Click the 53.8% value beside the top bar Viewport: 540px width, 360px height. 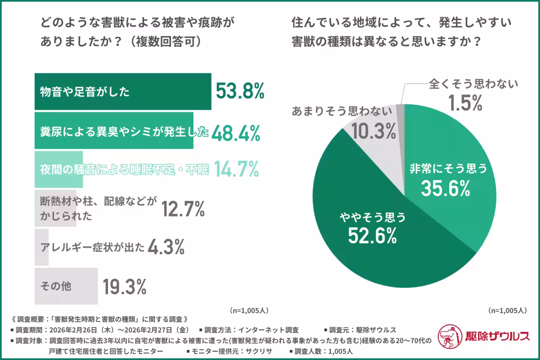(x=239, y=91)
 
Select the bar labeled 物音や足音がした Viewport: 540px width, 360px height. (x=123, y=92)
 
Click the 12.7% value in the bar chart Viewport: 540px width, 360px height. (x=183, y=208)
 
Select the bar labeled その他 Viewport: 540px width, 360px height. (x=66, y=286)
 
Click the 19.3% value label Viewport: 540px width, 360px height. (x=125, y=286)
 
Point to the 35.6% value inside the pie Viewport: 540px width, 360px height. (x=445, y=189)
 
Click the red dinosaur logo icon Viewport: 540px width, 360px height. (x=450, y=335)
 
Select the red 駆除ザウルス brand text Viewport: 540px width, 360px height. (x=495, y=336)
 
